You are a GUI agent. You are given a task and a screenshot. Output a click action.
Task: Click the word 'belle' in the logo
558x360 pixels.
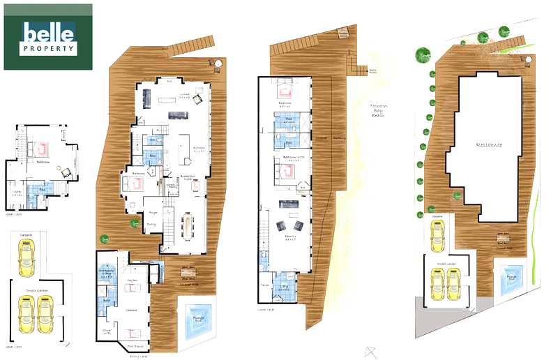(x=47, y=33)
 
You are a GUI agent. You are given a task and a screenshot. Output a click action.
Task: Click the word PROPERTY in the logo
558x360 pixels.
(x=47, y=49)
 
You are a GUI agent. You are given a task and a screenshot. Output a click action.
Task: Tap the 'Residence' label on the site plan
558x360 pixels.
(x=489, y=145)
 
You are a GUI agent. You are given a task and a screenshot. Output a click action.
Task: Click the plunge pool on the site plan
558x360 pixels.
(x=511, y=280)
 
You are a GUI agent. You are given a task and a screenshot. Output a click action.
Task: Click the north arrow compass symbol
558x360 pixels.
(x=370, y=351)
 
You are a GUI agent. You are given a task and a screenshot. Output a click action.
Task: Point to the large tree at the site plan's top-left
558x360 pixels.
(x=422, y=54)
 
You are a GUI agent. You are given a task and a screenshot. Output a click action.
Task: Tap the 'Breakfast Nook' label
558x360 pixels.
(x=187, y=177)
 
